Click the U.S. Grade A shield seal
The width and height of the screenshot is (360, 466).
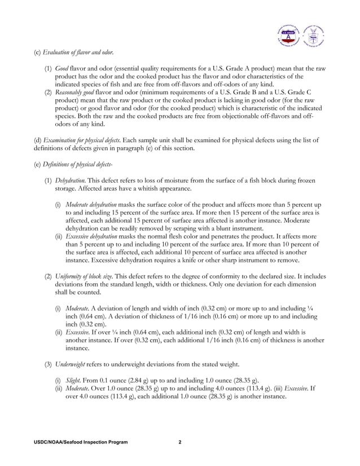pos(288,36)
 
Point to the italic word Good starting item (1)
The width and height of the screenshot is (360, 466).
pos(62,68)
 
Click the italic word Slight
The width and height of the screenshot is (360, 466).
pos(73,377)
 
